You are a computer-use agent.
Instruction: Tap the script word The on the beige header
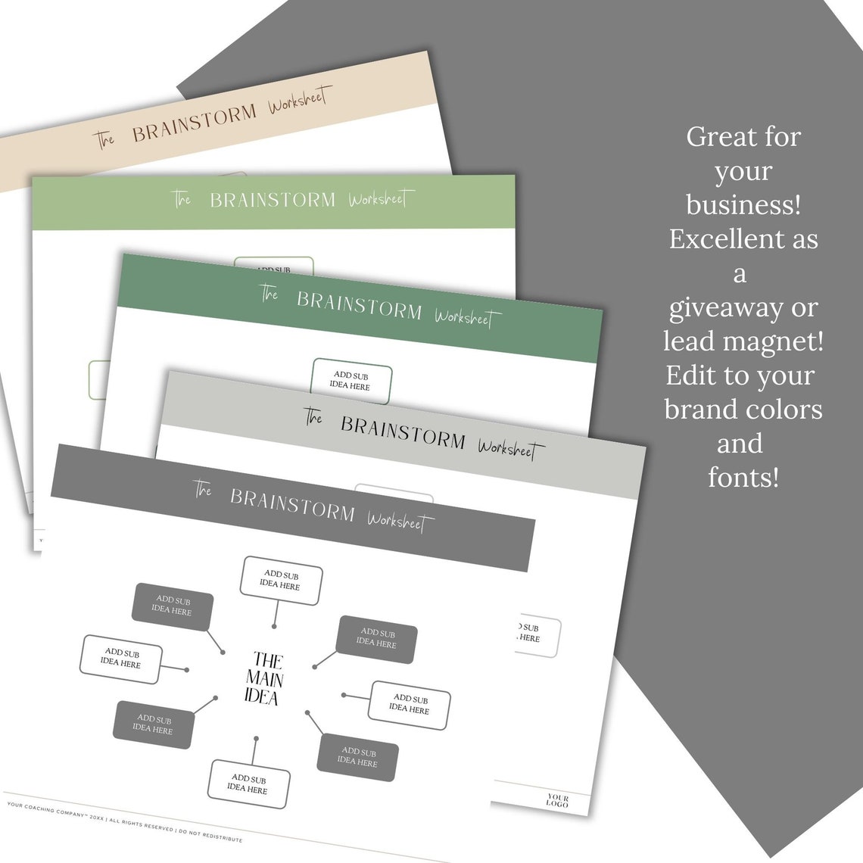pyautogui.click(x=104, y=139)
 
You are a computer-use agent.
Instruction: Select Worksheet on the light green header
pyautogui.click(x=381, y=199)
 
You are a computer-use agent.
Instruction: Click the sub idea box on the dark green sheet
pyautogui.click(x=351, y=381)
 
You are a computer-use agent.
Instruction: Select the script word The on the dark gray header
pyautogui.click(x=202, y=490)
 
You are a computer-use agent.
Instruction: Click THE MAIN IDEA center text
pyautogui.click(x=263, y=678)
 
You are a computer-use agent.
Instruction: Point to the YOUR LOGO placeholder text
pyautogui.click(x=557, y=800)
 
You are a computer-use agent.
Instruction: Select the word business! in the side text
pyautogui.click(x=743, y=205)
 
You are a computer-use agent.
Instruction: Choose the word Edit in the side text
pyautogui.click(x=687, y=375)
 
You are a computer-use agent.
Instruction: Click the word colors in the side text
pyautogui.click(x=784, y=410)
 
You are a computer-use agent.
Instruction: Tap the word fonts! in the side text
pyautogui.click(x=743, y=478)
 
